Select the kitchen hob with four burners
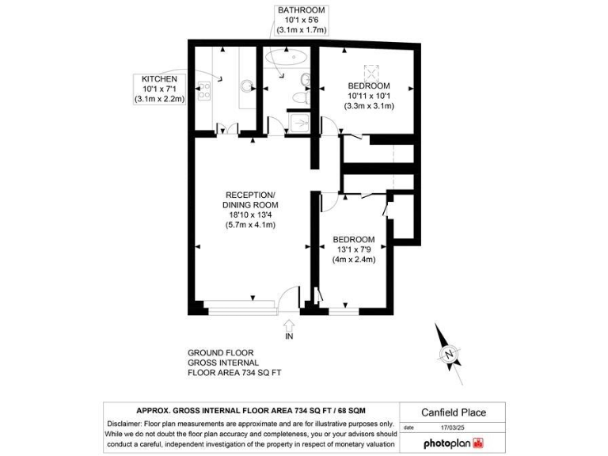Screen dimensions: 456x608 coord(203,91)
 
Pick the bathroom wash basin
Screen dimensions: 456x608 coord(306,78)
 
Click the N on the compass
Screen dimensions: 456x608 coord(449,353)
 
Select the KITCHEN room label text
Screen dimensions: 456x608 coord(159,80)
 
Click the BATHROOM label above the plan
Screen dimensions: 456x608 coord(301,10)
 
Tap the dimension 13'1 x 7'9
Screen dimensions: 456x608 coord(353,249)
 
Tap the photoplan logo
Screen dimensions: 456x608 coord(454,443)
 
